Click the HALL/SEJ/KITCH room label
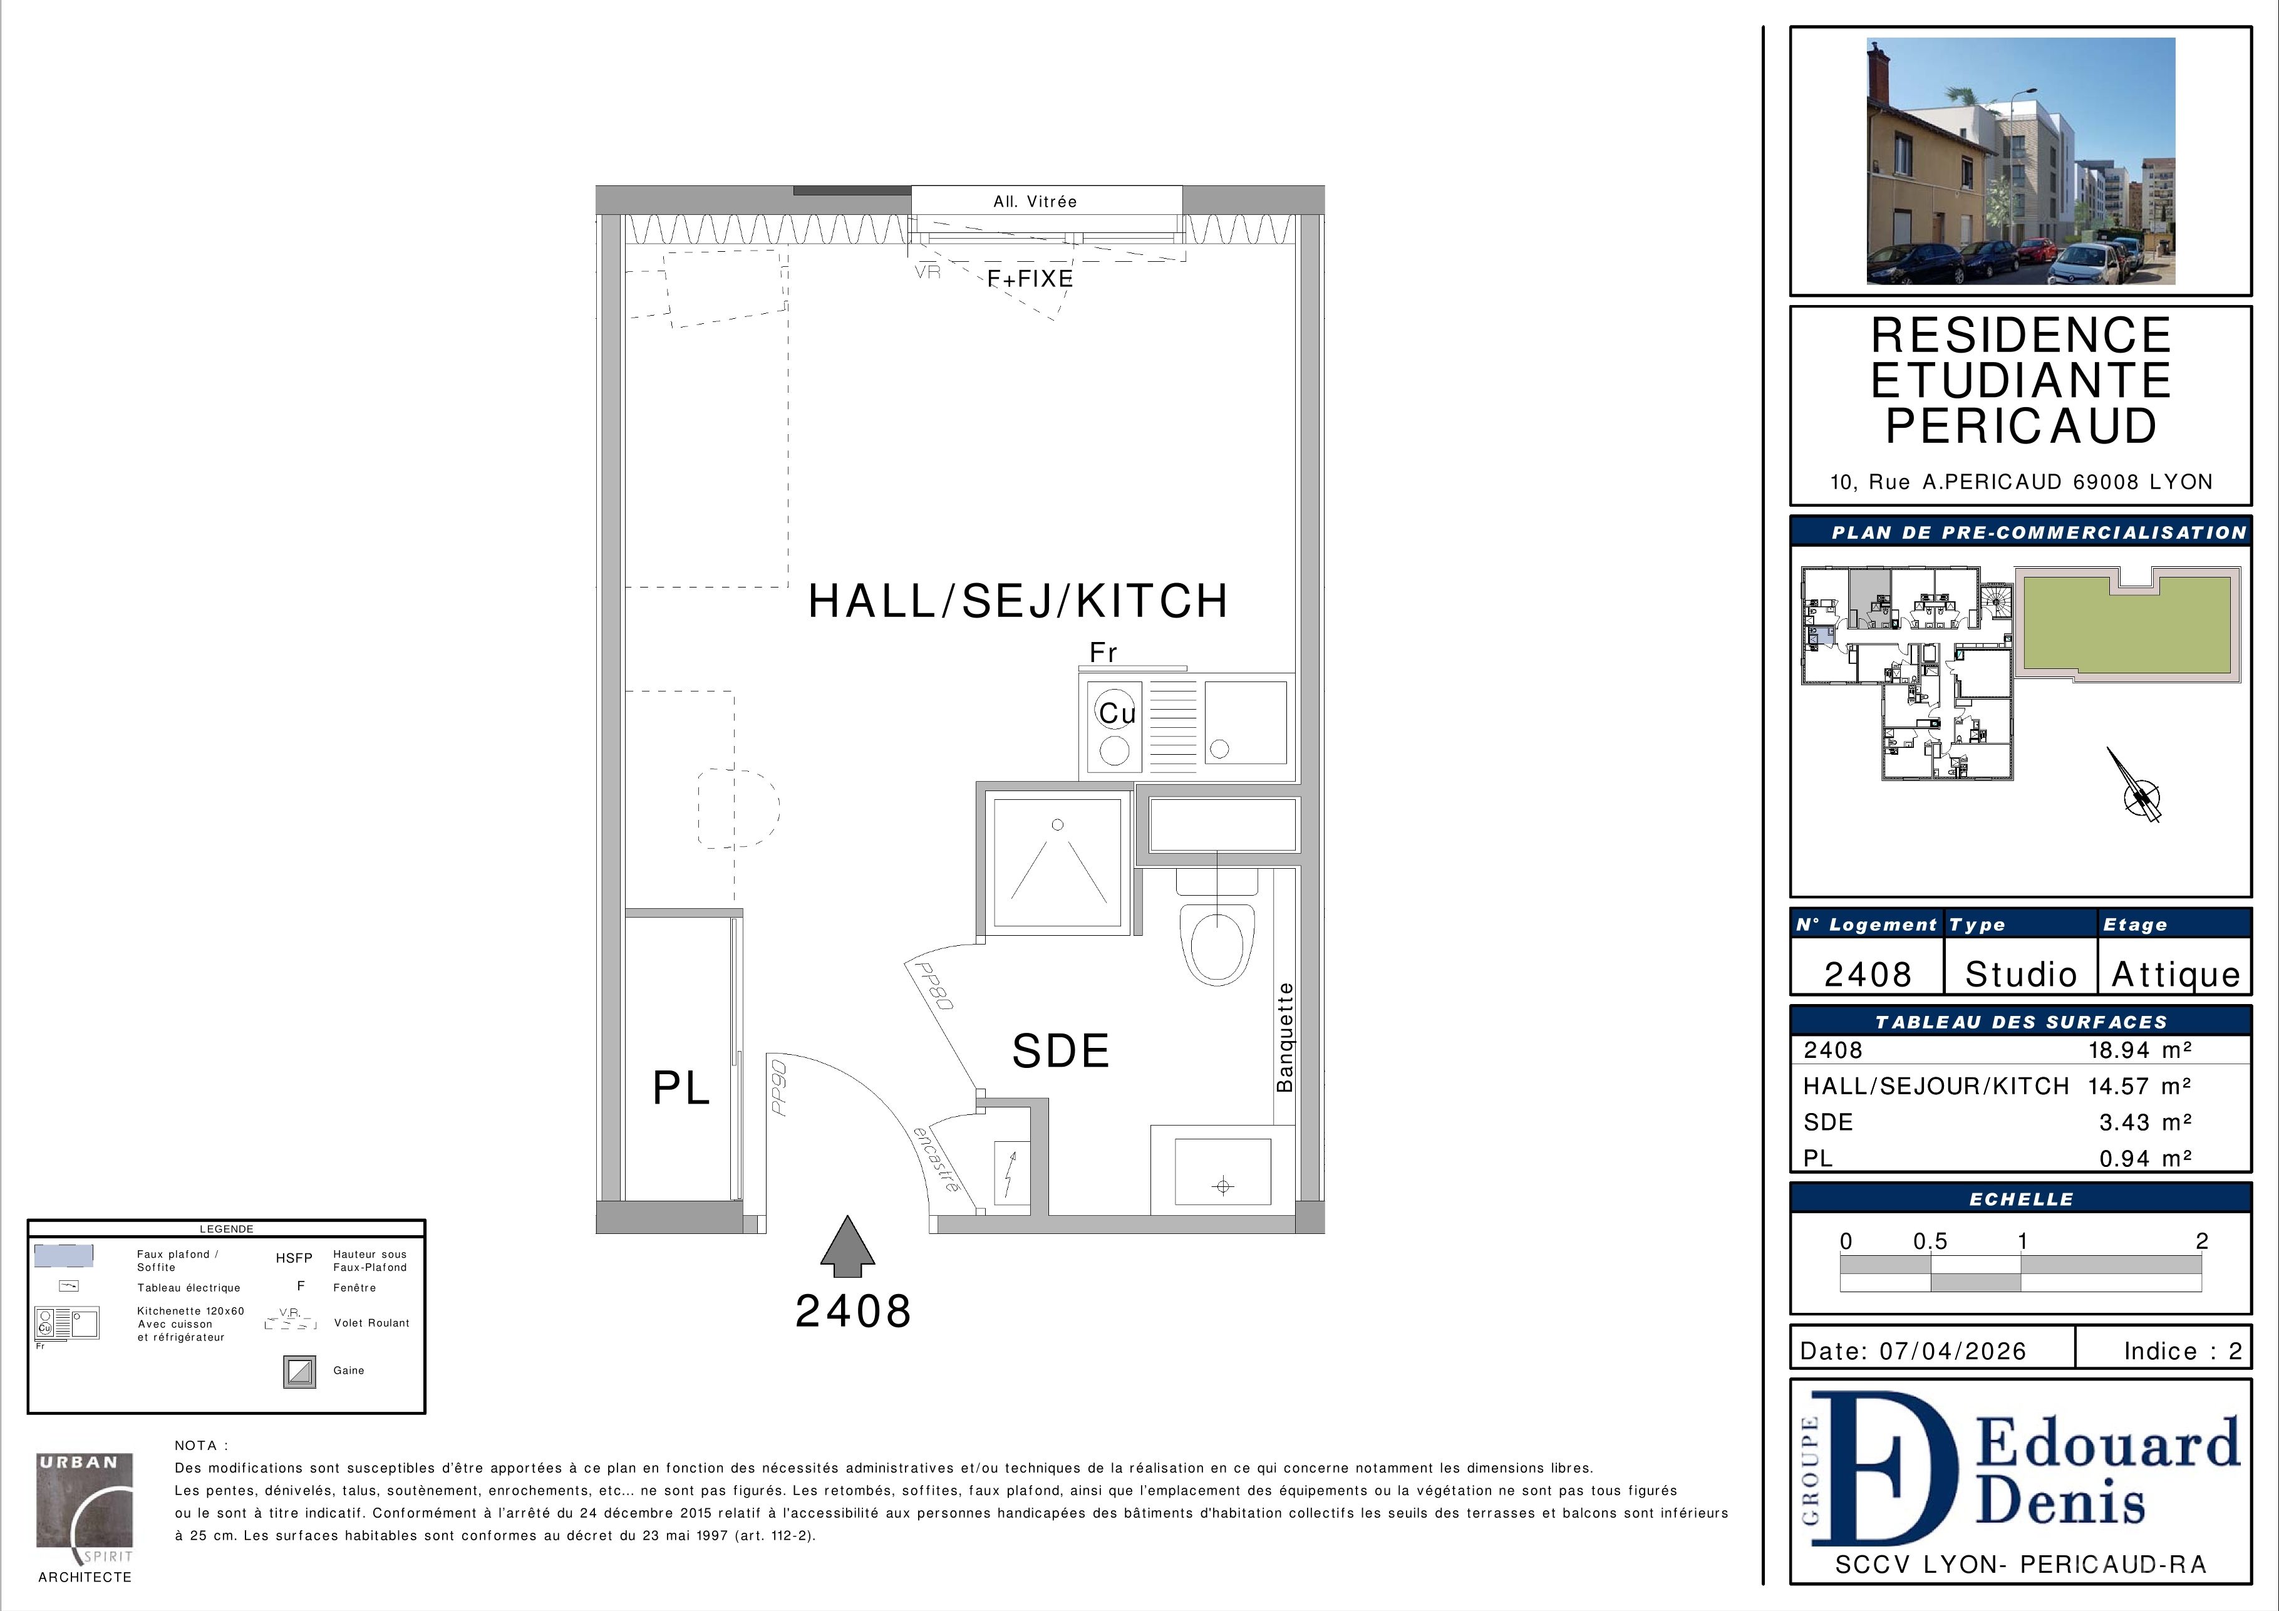(x=1018, y=601)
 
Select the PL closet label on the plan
(x=681, y=1089)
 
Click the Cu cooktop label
(x=1117, y=713)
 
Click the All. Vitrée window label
(x=1035, y=202)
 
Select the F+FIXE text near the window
(x=1030, y=279)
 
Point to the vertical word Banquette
(x=1285, y=1037)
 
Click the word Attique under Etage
(x=2175, y=975)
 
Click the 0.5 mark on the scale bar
(x=1931, y=1241)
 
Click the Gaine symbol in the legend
(x=300, y=1372)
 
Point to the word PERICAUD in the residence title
(x=2021, y=426)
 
